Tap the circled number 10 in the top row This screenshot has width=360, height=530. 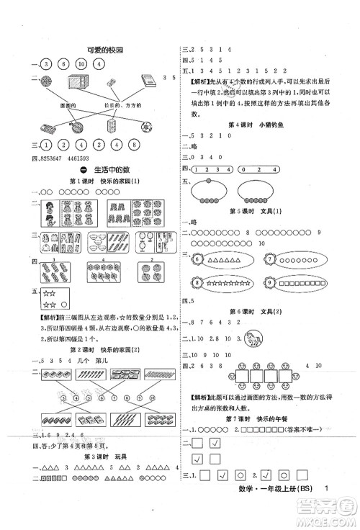(x=81, y=64)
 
